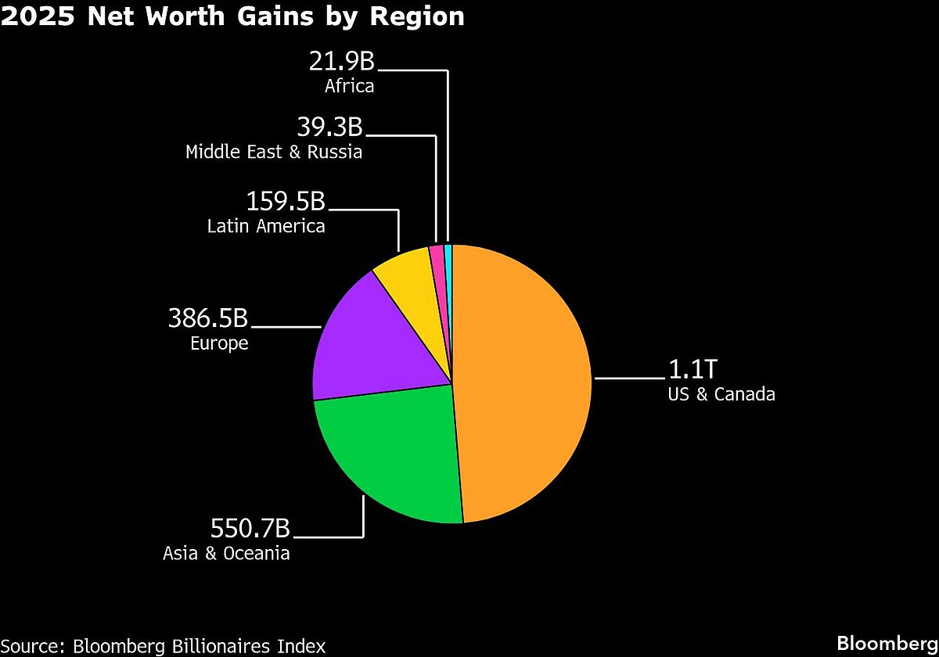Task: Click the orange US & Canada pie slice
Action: point(524,383)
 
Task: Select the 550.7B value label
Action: point(250,529)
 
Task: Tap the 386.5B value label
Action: point(208,318)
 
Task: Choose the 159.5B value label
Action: point(286,201)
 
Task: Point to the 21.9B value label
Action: point(340,61)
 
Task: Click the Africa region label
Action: point(349,86)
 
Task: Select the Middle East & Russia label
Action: point(274,152)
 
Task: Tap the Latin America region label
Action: point(266,227)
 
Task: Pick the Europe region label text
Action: point(219,343)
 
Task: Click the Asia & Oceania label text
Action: point(226,554)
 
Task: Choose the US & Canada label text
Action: point(721,394)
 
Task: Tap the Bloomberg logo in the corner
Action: point(887,643)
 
